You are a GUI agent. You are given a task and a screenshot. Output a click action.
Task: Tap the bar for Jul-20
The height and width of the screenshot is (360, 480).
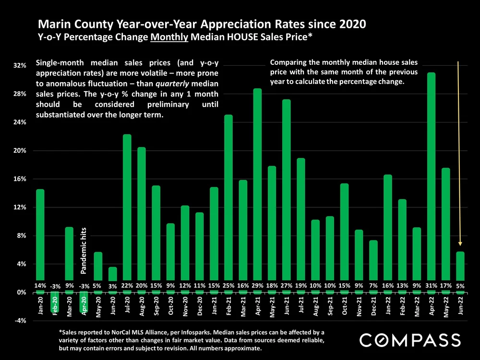pyautogui.click(x=127, y=211)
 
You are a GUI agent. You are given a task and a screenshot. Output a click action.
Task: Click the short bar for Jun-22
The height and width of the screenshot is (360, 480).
pyautogui.click(x=460, y=266)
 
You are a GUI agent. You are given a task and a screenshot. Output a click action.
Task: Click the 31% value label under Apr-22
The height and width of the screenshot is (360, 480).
pyautogui.click(x=431, y=286)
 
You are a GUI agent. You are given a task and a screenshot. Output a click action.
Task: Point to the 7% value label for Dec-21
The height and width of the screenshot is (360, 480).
pyautogui.click(x=373, y=286)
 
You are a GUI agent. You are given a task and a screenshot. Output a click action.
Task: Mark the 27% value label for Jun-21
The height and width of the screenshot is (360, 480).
pyautogui.click(x=286, y=286)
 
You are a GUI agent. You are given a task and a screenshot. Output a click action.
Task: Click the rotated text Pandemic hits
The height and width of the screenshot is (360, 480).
pyautogui.click(x=84, y=251)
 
